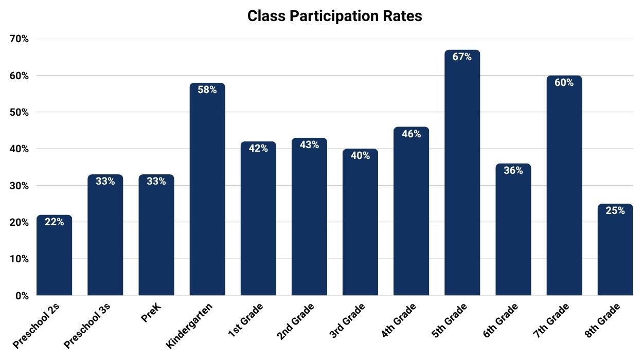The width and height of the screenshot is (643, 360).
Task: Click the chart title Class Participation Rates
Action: pyautogui.click(x=334, y=16)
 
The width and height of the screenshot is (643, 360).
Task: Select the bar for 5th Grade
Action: pyautogui.click(x=462, y=175)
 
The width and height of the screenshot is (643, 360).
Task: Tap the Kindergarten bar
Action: pyautogui.click(x=207, y=190)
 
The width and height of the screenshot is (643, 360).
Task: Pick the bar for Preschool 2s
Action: pyautogui.click(x=54, y=257)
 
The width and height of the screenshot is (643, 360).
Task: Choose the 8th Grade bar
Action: pyautogui.click(x=615, y=252)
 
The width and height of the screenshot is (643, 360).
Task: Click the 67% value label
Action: pyautogui.click(x=462, y=57)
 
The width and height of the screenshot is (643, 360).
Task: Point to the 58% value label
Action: pyautogui.click(x=207, y=90)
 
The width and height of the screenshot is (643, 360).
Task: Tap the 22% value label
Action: pyautogui.click(x=54, y=222)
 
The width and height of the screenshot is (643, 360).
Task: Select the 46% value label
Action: pyautogui.click(x=411, y=134)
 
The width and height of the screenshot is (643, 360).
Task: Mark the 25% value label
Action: pyautogui.click(x=615, y=211)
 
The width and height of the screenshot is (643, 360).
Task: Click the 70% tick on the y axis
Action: pyautogui.click(x=19, y=39)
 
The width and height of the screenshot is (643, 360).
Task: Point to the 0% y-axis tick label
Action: pyautogui.click(x=21, y=296)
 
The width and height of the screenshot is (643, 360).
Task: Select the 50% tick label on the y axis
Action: pyautogui.click(x=19, y=113)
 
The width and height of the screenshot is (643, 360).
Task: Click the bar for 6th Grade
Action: pyautogui.click(x=513, y=231)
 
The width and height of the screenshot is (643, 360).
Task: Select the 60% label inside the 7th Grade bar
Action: pyautogui.click(x=564, y=83)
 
